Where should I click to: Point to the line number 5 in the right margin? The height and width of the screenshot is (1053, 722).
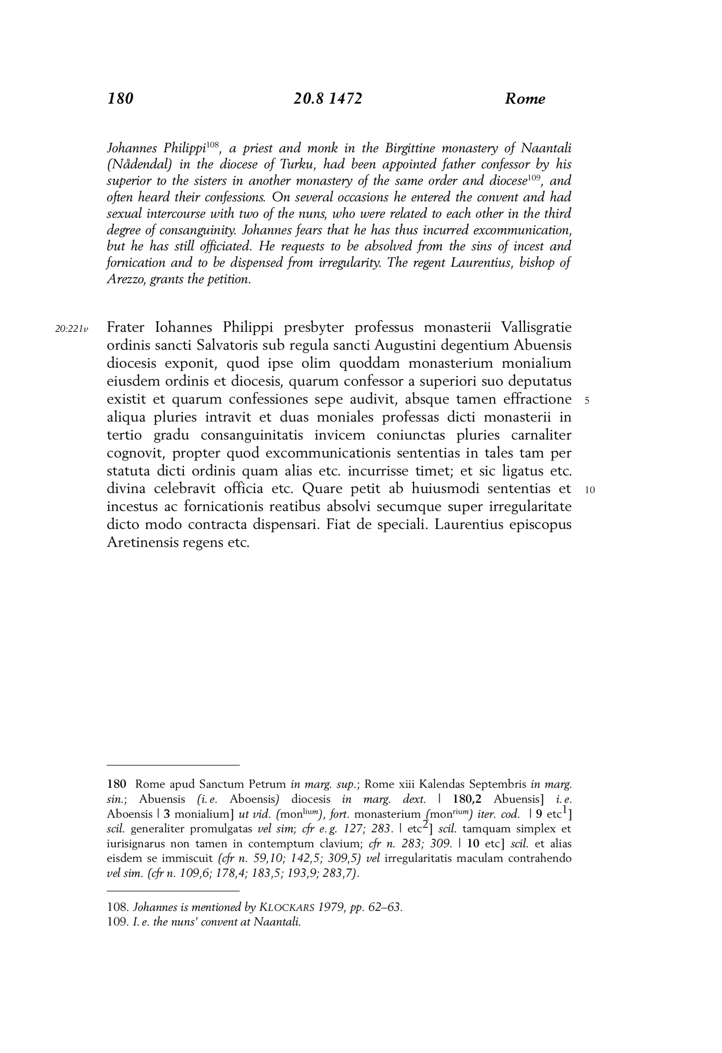click(x=587, y=400)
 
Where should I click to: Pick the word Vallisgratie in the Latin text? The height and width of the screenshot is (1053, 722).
click(x=536, y=327)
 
